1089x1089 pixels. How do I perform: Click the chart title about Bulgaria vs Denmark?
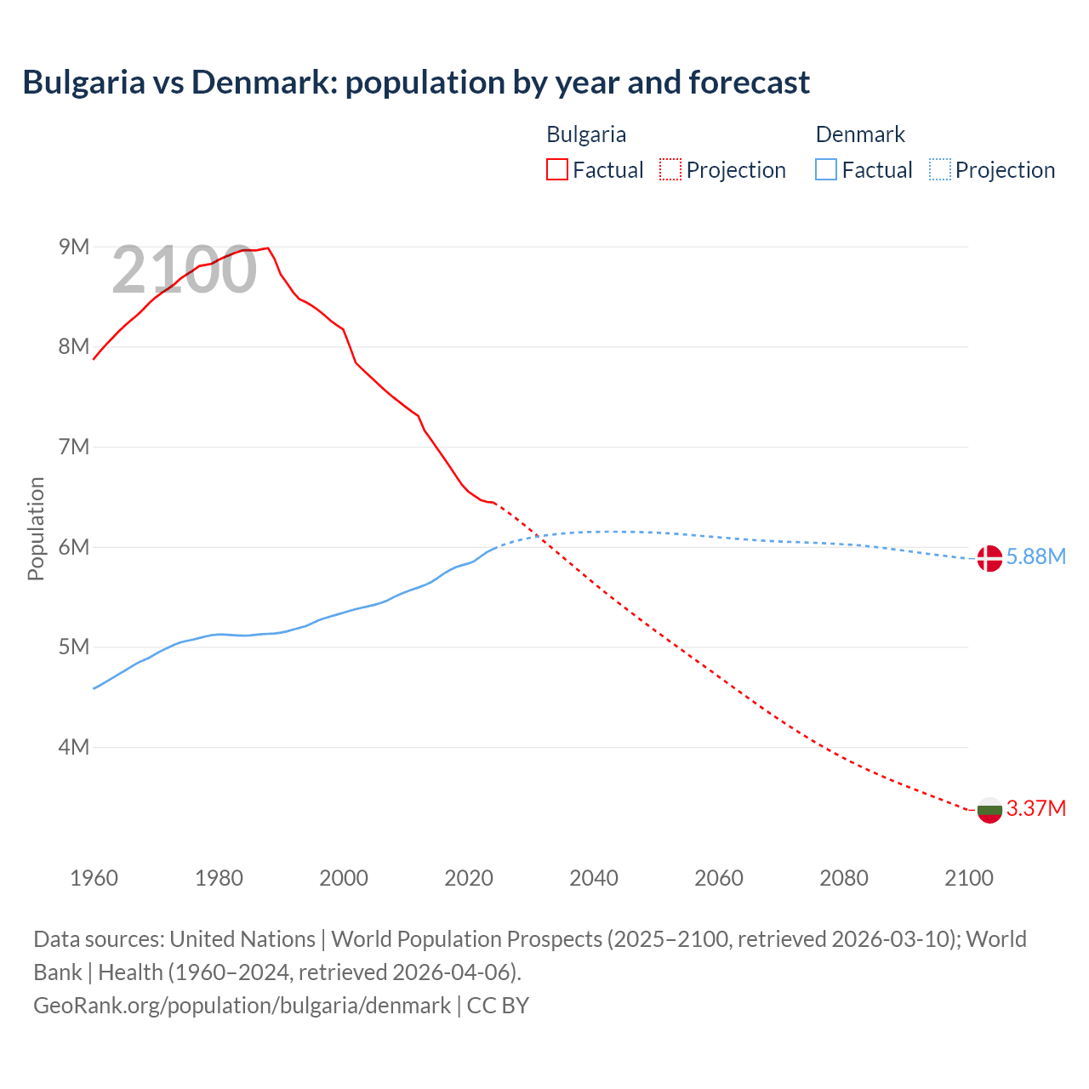(416, 83)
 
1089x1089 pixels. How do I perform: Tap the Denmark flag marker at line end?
(989, 558)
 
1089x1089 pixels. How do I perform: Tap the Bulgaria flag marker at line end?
(989, 809)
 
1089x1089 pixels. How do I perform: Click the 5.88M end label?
(1035, 557)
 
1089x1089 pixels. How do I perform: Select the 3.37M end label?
(1035, 808)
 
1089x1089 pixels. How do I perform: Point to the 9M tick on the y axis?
(74, 247)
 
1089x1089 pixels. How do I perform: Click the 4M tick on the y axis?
(74, 747)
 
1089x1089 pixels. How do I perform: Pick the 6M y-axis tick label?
(74, 547)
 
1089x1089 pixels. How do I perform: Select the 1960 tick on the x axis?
(94, 878)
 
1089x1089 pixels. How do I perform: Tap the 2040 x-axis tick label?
(594, 878)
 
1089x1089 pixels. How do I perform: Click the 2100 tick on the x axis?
(968, 878)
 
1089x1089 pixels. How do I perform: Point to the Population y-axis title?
(36, 528)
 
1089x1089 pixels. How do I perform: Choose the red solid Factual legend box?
(556, 169)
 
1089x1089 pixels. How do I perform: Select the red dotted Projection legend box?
(670, 169)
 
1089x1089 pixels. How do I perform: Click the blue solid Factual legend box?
(825, 169)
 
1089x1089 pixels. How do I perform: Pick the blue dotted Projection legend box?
(939, 169)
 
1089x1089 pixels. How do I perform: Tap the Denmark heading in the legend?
(860, 134)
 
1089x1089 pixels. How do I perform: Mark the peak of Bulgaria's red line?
(268, 248)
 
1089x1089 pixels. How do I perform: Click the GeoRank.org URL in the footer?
(242, 1006)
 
